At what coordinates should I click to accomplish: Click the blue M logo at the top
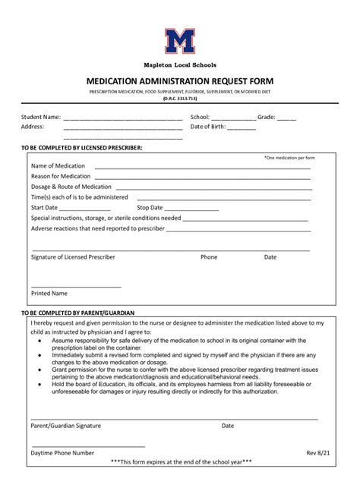[180, 41]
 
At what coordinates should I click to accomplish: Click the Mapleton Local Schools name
[180, 66]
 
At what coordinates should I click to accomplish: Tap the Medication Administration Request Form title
[180, 80]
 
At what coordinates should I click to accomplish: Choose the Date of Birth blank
[241, 129]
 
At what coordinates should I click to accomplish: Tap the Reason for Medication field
[202, 178]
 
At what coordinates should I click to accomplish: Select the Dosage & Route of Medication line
[213, 188]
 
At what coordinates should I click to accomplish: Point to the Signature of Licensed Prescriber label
[73, 257]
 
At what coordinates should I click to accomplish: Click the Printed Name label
[49, 293]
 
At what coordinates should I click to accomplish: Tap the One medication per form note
[289, 157]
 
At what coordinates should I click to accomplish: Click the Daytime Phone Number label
[62, 452]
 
